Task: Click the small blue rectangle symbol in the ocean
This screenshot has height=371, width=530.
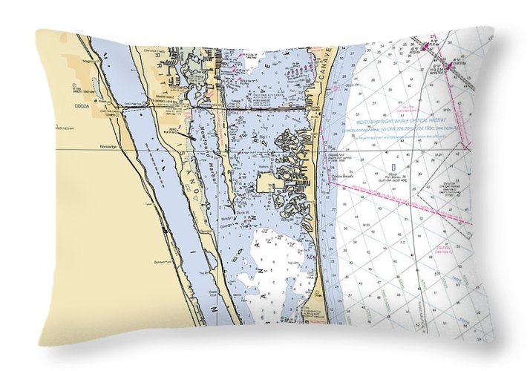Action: [x=390, y=159]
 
